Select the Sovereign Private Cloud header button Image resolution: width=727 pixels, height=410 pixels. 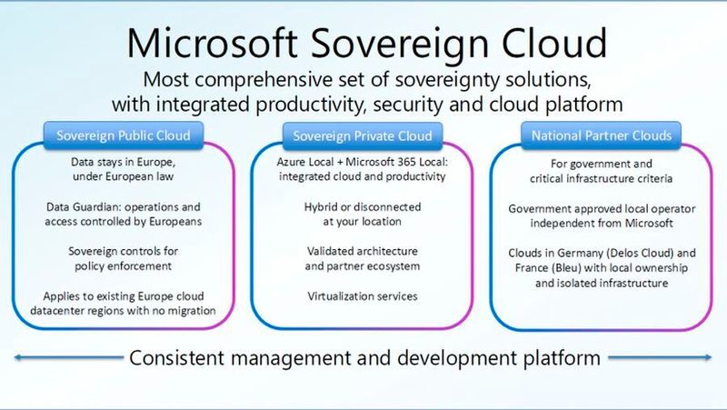[363, 137]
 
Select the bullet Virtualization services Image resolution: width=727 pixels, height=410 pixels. [361, 296]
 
